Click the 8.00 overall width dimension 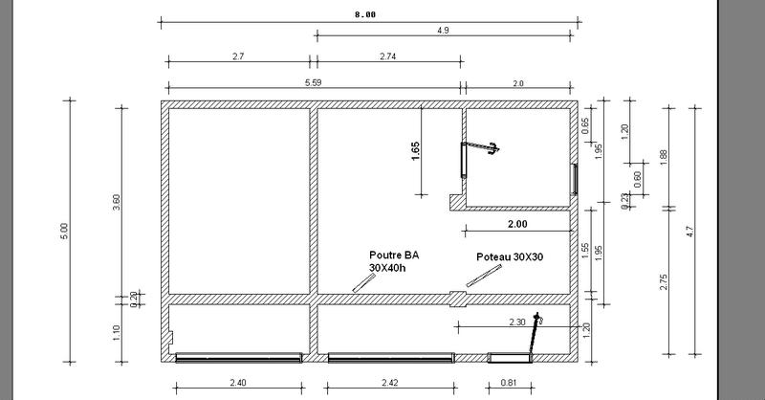(365, 14)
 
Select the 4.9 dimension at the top (443, 31)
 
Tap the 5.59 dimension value (314, 82)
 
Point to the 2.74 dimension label (388, 56)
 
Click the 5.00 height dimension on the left (64, 231)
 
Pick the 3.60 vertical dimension (116, 203)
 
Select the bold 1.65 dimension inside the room (415, 151)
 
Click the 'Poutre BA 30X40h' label (394, 261)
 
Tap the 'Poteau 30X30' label (510, 256)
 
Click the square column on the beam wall (458, 299)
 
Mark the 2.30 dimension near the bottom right (517, 322)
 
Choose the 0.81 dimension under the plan (509, 383)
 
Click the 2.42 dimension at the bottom (389, 383)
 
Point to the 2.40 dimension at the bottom (238, 383)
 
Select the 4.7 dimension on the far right (689, 231)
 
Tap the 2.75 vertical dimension (664, 282)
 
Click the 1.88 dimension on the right (664, 157)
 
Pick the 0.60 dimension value (637, 179)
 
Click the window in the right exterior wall (575, 179)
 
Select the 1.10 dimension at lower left (116, 333)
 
